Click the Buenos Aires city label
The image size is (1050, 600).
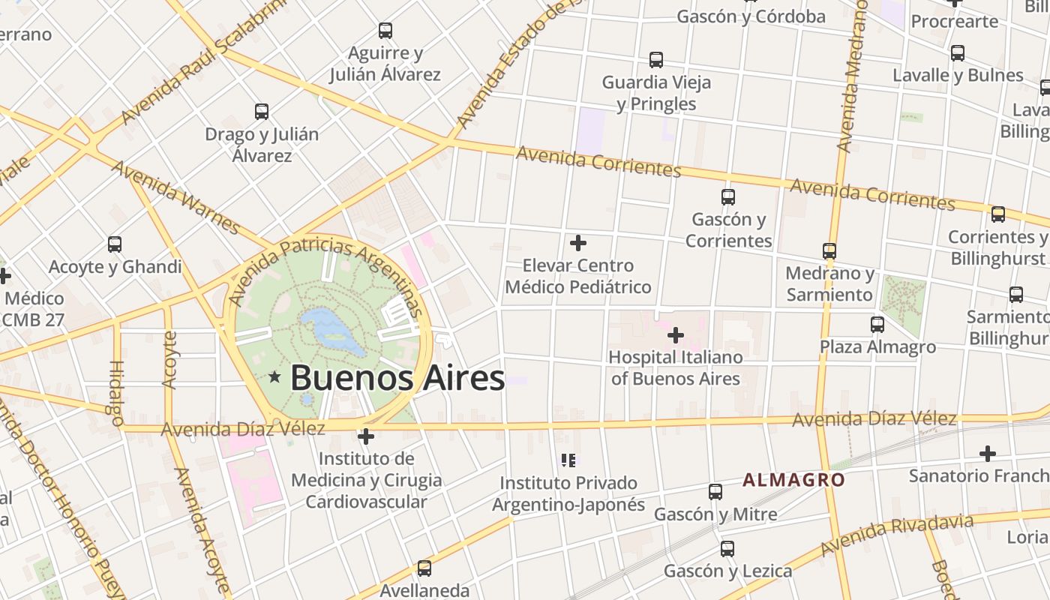click(397, 377)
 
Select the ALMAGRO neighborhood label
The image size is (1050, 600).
click(793, 480)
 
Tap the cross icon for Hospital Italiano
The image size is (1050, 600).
click(676, 334)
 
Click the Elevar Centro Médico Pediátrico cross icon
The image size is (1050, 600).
click(578, 243)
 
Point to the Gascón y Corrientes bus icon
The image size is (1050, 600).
click(728, 197)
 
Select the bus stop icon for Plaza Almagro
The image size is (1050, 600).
click(877, 325)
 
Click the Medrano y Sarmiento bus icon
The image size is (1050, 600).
click(829, 251)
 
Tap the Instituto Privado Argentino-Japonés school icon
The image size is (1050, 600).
click(568, 460)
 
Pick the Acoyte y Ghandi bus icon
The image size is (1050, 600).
click(115, 244)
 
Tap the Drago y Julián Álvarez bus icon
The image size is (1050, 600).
click(262, 112)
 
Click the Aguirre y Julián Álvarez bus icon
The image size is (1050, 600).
click(385, 31)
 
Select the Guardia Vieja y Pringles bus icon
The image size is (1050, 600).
click(656, 60)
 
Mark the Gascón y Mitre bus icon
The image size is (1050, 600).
click(715, 492)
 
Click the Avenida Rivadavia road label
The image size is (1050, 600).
click(897, 535)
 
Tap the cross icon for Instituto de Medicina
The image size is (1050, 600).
click(366, 436)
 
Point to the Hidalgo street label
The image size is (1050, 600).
click(117, 393)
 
